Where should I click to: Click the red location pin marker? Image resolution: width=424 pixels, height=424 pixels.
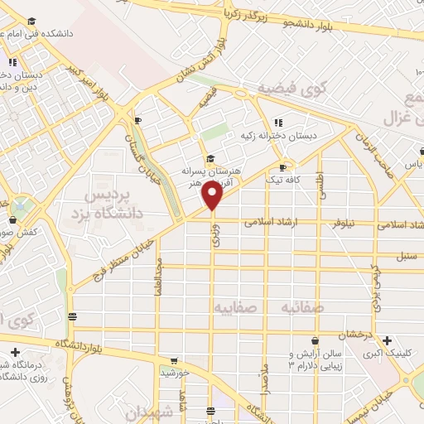[x=213, y=195]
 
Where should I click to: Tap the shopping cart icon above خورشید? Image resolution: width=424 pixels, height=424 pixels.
[x=173, y=361]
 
